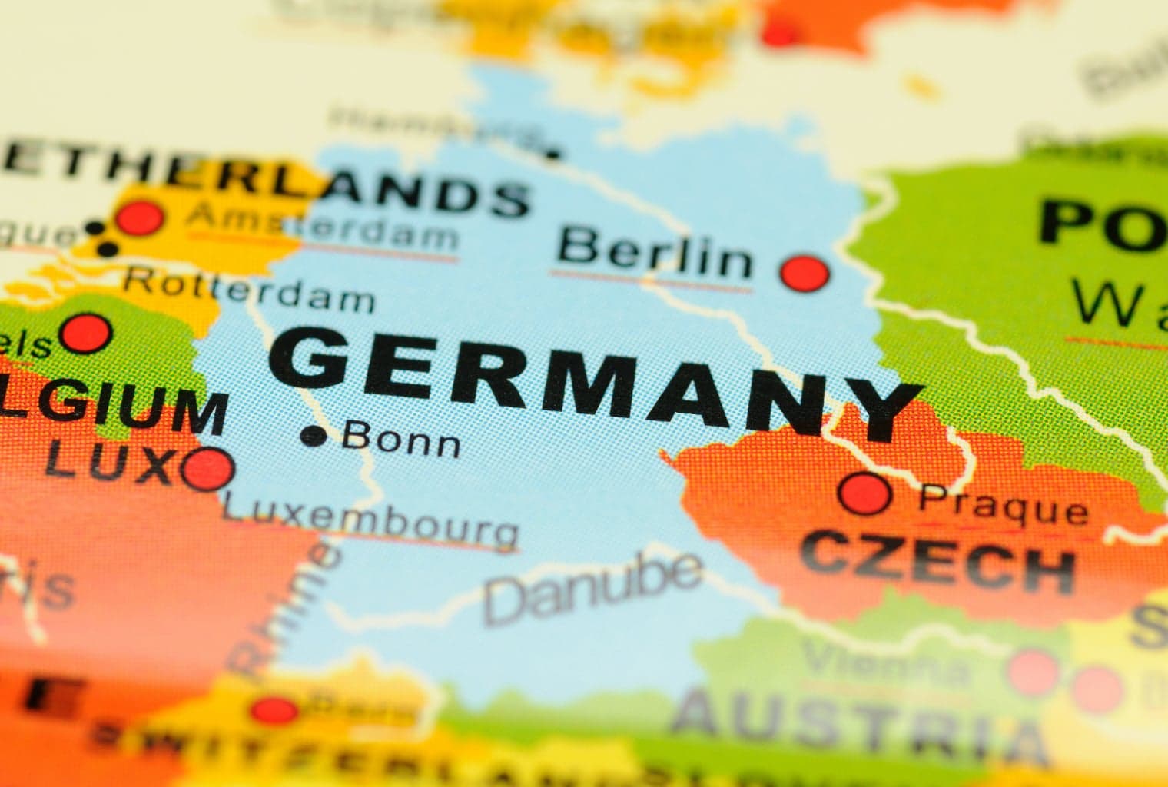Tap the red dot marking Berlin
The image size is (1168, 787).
point(805,272)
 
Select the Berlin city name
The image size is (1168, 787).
point(655,256)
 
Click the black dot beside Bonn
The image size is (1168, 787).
point(314,436)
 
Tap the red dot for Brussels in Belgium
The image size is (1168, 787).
point(87,333)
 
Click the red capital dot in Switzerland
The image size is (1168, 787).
point(274,709)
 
